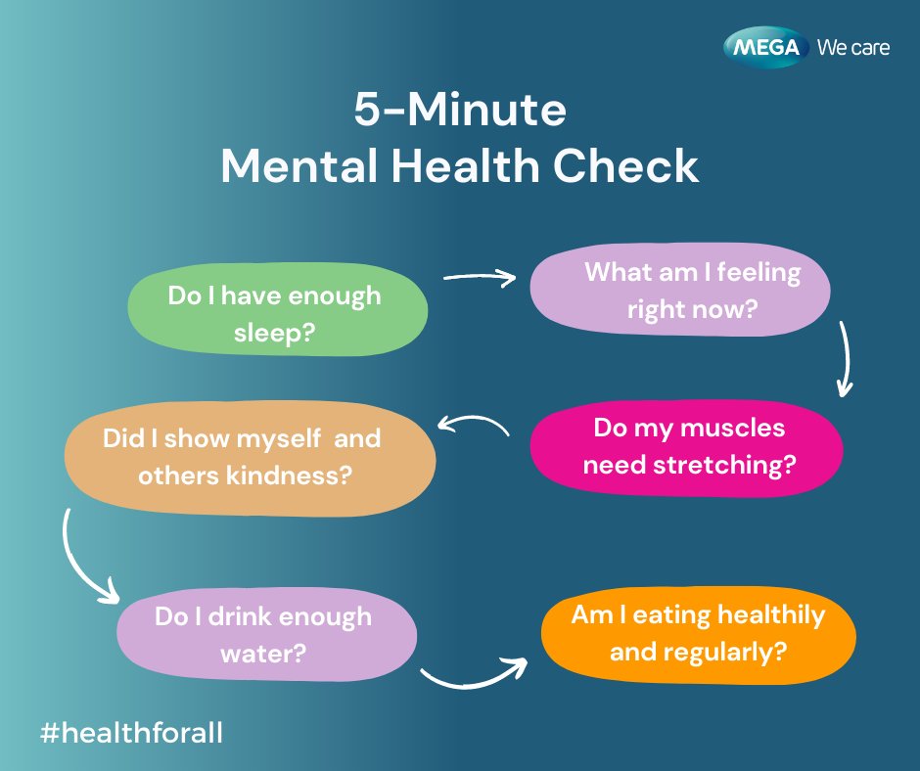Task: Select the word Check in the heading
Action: pyautogui.click(x=628, y=166)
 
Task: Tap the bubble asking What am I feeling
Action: pyautogui.click(x=680, y=290)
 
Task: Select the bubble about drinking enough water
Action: pyautogui.click(x=266, y=633)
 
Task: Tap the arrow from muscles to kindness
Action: pyautogui.click(x=474, y=424)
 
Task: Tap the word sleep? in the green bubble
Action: pyautogui.click(x=274, y=333)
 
